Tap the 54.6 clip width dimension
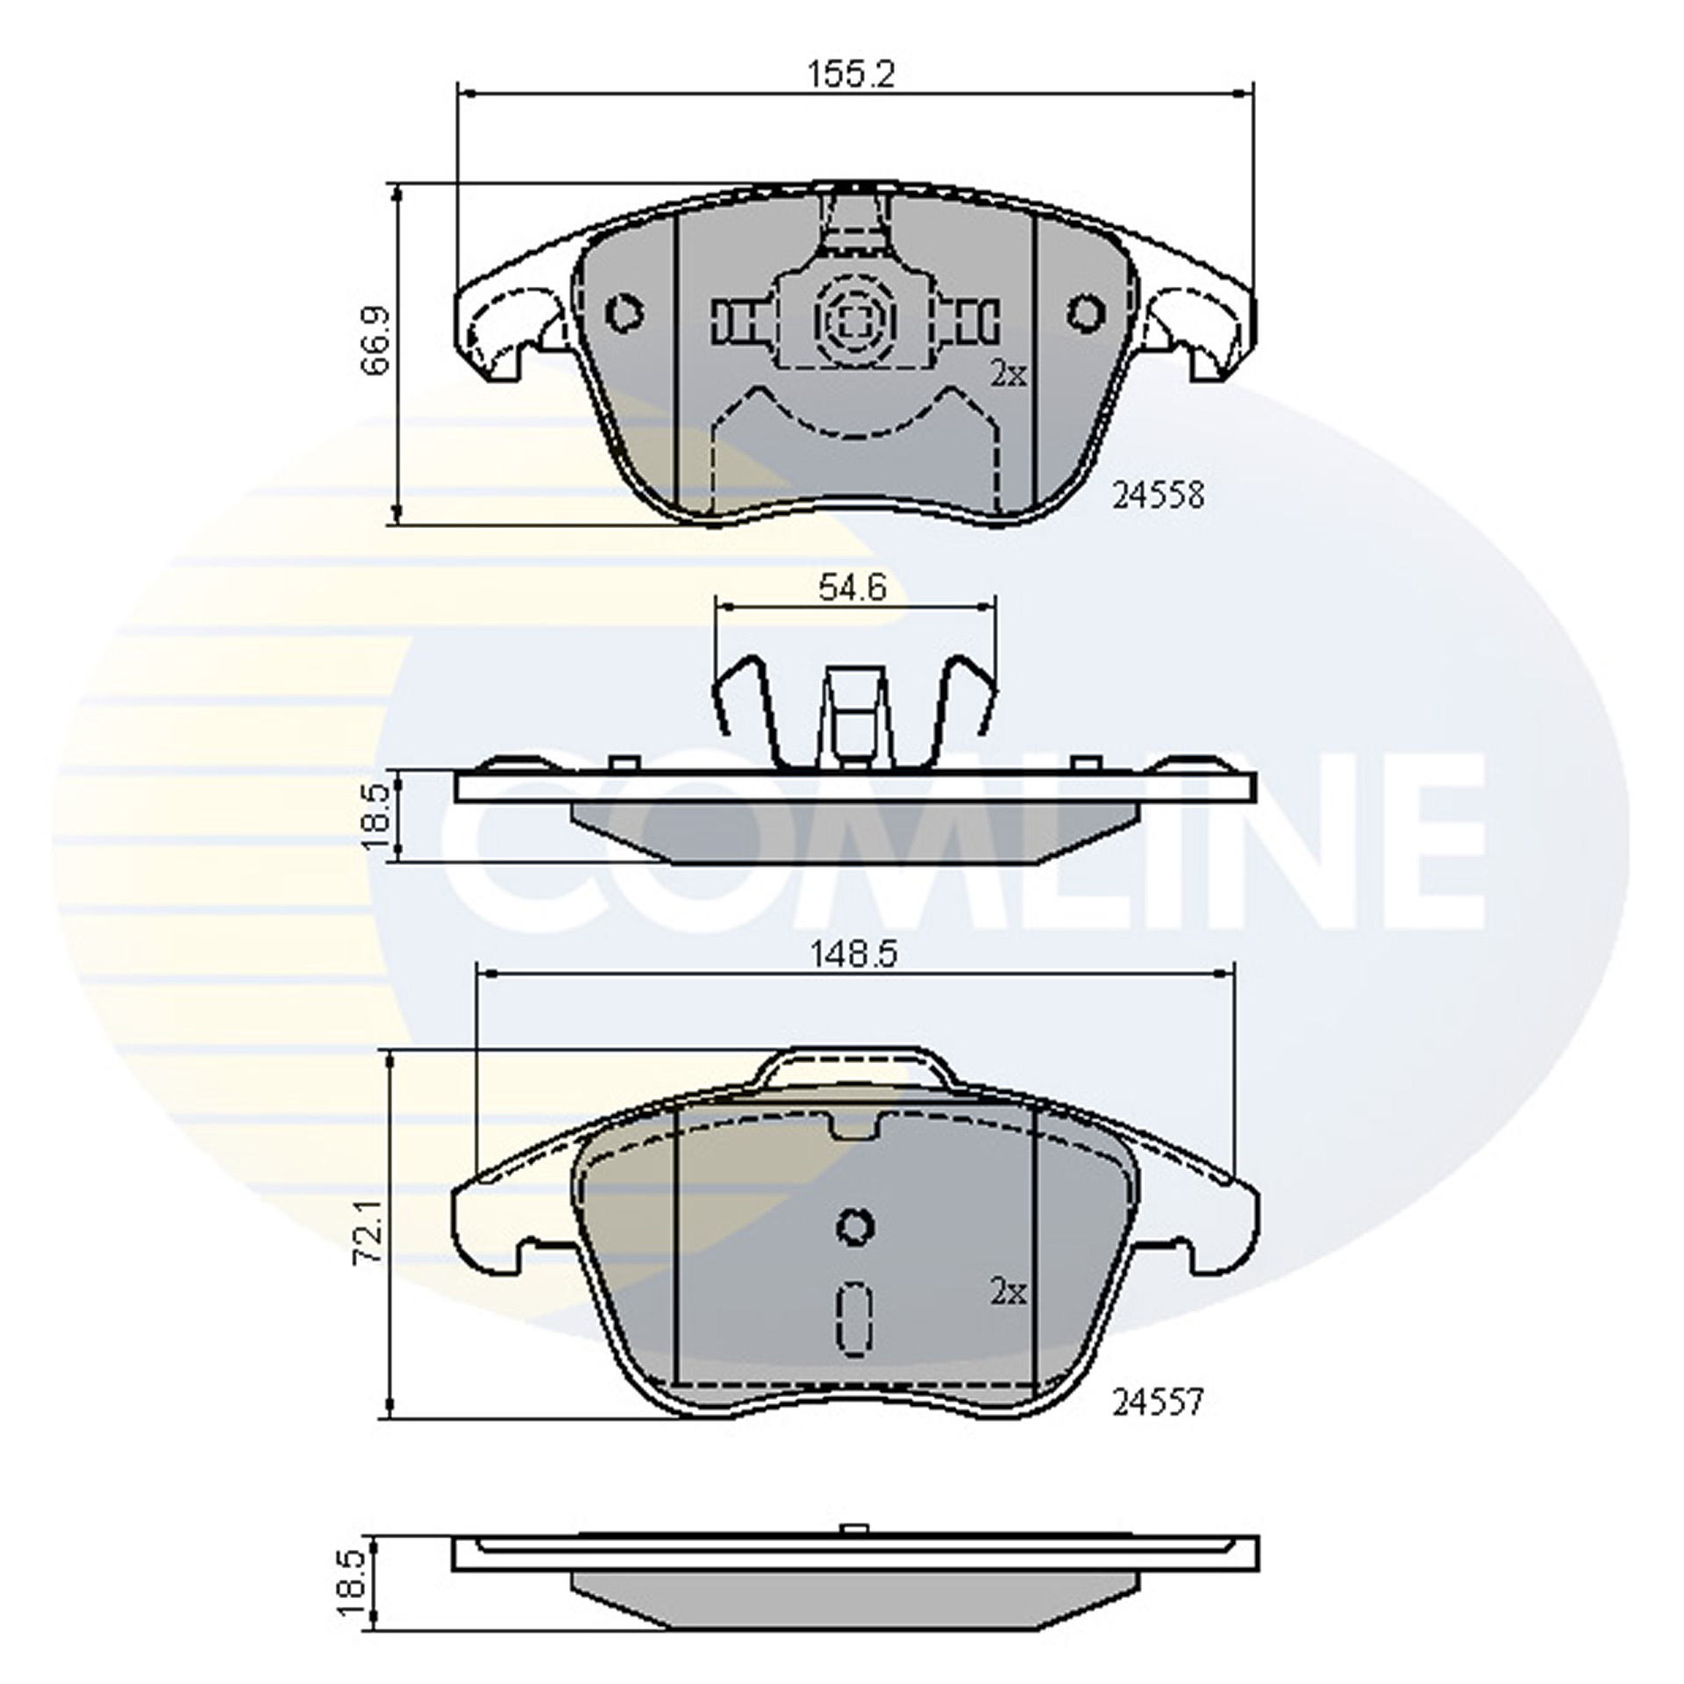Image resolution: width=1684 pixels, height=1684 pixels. (852, 587)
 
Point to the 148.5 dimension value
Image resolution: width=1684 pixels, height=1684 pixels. (852, 954)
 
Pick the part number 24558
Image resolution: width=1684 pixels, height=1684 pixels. (1158, 496)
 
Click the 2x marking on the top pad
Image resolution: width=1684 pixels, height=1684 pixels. (1008, 375)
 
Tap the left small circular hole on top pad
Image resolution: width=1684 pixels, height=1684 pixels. (625, 311)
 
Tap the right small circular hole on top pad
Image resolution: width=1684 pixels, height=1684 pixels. (1086, 311)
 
